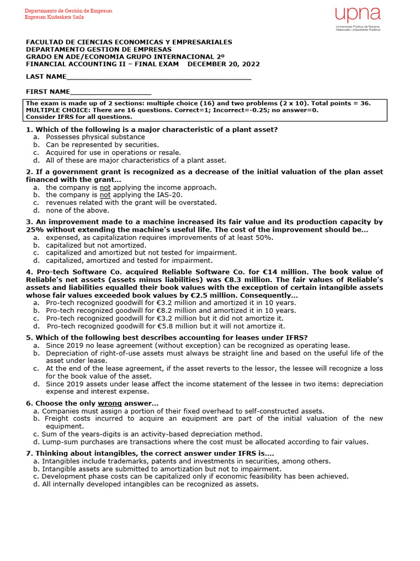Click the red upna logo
point(358,15)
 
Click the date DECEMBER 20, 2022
point(224,64)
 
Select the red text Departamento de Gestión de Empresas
point(68,11)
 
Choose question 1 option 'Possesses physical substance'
point(95,137)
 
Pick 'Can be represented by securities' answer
point(102,145)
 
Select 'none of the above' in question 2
point(77,210)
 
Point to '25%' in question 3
point(35,230)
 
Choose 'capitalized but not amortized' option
point(96,245)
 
